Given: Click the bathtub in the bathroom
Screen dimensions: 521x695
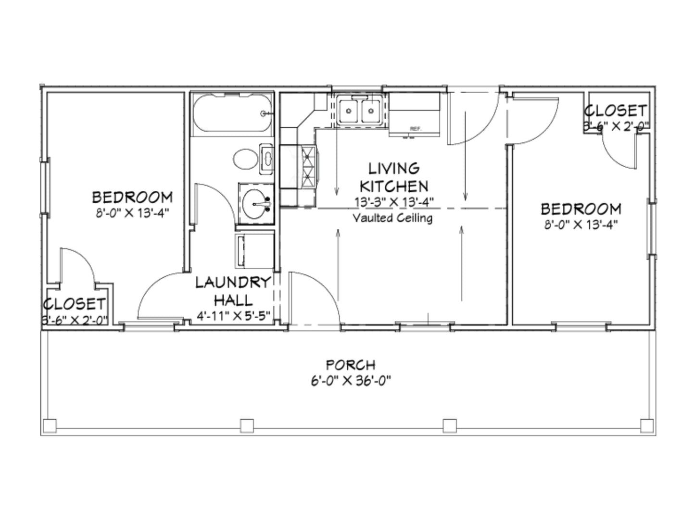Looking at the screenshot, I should pos(232,114).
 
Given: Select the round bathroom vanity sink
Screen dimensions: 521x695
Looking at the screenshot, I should pos(255,203).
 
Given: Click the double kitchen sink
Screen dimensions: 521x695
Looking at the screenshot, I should pos(360,111).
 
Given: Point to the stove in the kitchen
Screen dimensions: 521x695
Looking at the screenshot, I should pos(308,167).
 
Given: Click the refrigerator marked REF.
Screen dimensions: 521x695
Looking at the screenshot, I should pos(415,115).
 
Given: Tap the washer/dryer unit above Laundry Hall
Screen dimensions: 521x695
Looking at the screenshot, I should pos(253,251).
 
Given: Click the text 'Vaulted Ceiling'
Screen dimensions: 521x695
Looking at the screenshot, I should pos(392,218).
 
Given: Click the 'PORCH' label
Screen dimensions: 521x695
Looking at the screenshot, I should pos(350,365).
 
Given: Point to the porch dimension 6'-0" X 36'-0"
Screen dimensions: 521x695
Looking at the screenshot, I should pos(350,381).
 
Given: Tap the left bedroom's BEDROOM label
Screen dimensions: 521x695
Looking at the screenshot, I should pos(132,197).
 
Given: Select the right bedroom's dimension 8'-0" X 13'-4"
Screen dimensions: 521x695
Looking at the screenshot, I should pos(581,224).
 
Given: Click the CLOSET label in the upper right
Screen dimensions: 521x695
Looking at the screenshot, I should pos(616,111).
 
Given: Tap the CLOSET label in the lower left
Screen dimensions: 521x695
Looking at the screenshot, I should pos(75,304).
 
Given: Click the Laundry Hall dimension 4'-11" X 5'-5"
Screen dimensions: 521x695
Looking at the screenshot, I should pos(233,316).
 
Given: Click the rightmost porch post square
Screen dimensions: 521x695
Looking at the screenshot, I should pos(647,425).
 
